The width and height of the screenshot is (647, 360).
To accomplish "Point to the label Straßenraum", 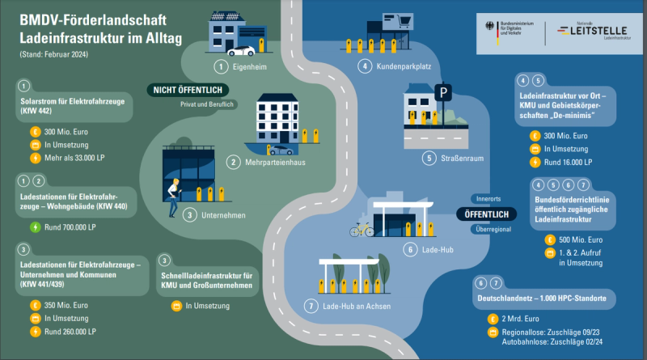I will pyautogui.click(x=455, y=158).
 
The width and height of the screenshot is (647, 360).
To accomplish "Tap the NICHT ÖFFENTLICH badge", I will pyautogui.click(x=184, y=90).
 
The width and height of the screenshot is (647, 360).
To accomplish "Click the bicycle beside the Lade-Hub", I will pyautogui.click(x=362, y=230).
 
